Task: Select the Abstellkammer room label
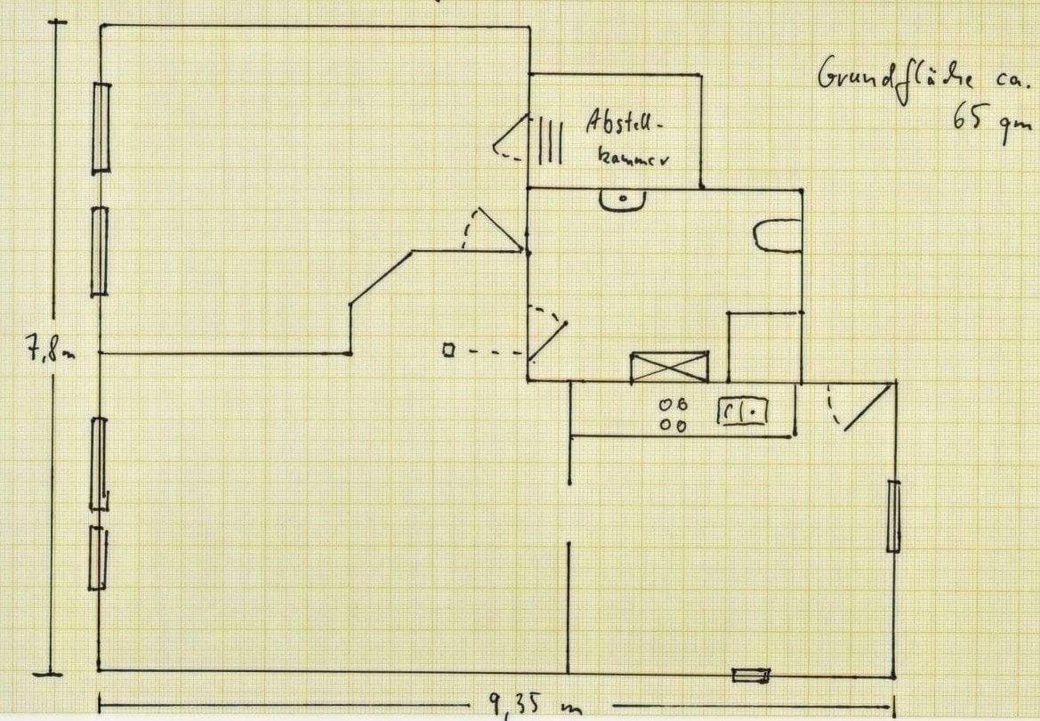click(626, 138)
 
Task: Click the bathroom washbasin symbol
click(622, 199)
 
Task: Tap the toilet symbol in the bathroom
click(777, 236)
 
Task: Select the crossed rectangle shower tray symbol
click(669, 367)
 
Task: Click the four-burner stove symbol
click(673, 415)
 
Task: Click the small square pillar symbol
click(448, 351)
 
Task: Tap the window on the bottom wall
click(750, 675)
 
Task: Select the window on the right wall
click(893, 515)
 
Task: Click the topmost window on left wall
click(101, 127)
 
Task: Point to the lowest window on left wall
click(97, 557)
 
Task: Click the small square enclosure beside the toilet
click(764, 346)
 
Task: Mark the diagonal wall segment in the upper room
click(381, 278)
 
